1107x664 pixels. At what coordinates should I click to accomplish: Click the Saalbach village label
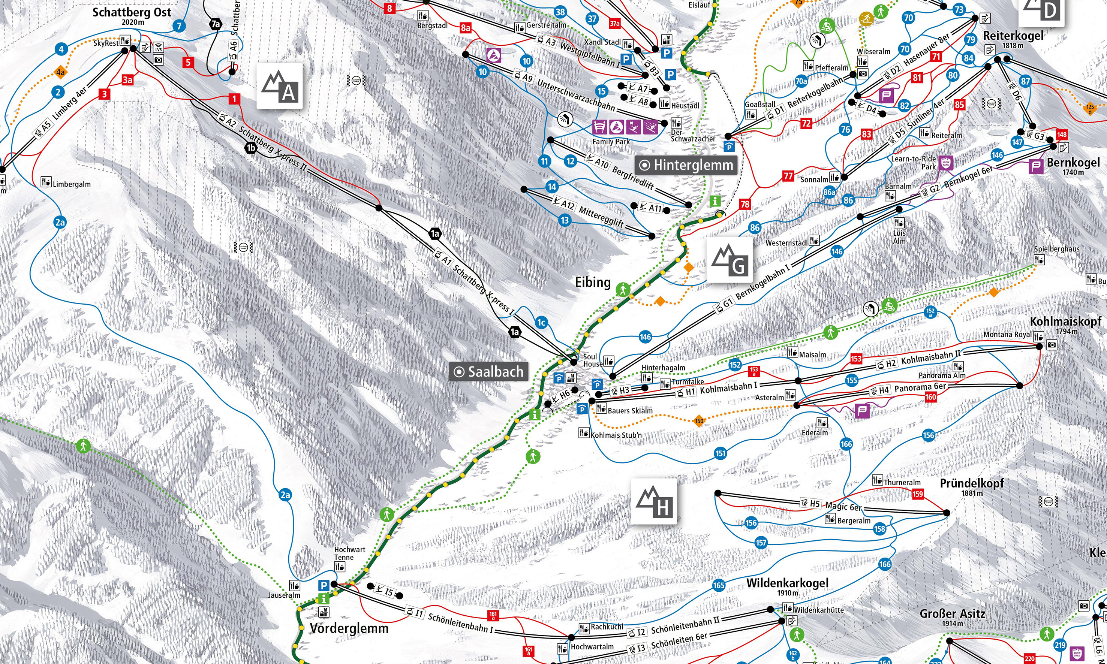click(x=488, y=371)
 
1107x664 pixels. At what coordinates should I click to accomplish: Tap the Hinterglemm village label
click(x=687, y=165)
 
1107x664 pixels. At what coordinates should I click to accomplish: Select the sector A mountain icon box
click(x=280, y=86)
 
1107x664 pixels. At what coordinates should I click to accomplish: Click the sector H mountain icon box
click(x=654, y=501)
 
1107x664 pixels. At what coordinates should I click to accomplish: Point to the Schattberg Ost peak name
click(x=132, y=12)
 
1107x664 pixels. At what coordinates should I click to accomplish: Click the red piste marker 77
click(x=788, y=176)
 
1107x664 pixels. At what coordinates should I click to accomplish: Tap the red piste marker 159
click(x=918, y=494)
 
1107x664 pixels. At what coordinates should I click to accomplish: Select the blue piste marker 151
click(x=720, y=453)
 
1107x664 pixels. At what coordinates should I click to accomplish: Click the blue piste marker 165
click(x=719, y=585)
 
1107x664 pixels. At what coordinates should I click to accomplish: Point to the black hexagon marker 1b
click(x=251, y=148)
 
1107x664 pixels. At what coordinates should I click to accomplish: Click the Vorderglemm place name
click(x=349, y=628)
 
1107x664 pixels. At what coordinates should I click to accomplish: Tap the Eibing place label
click(x=593, y=282)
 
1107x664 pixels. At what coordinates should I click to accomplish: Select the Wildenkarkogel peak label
click(x=787, y=583)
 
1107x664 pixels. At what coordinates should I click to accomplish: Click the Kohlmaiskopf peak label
click(x=1065, y=321)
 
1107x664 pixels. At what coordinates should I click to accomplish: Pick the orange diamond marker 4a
click(x=60, y=72)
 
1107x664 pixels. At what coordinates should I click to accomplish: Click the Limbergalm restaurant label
click(x=71, y=184)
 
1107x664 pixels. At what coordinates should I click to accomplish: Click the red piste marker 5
click(x=188, y=62)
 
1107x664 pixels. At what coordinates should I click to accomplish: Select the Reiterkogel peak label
click(x=1013, y=36)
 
